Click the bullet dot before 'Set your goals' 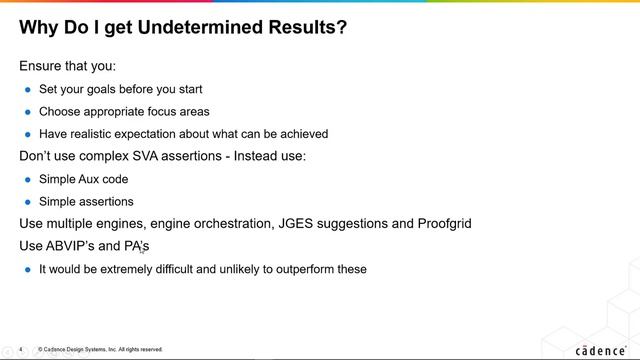coord(28,90)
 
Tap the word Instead coord(255,156)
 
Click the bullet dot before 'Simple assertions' coord(28,202)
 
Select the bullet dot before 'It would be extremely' coord(28,270)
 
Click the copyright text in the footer coord(100,350)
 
